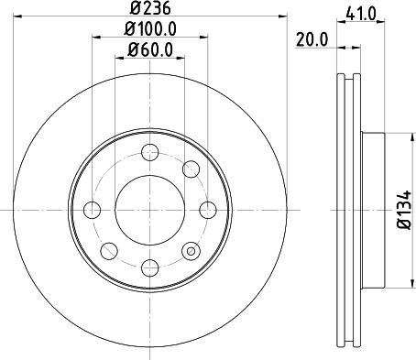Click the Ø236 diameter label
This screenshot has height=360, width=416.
pos(149,12)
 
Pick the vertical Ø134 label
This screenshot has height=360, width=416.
pos(404,209)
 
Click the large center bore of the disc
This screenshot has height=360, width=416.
pos(149,209)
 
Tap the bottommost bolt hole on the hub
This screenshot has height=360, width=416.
pos(149,267)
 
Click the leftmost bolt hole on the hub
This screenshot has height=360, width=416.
pos(92,209)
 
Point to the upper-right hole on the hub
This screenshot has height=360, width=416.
pos(191,168)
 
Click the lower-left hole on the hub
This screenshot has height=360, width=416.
pos(108,249)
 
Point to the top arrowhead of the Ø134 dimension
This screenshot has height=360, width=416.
pos(391,136)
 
